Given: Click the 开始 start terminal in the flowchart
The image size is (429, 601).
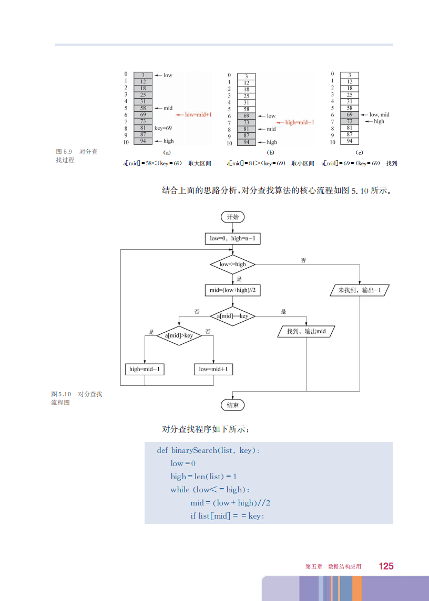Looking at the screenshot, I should [232, 217].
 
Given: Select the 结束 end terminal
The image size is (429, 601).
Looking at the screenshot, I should [232, 405].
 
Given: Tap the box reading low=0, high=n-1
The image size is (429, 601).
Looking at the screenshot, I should [232, 239].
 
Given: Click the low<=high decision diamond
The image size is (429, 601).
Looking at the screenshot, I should [232, 264].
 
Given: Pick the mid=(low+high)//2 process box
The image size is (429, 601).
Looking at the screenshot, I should [232, 290].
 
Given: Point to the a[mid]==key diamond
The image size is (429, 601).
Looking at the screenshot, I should [232, 316].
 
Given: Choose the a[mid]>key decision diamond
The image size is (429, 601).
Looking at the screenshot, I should [179, 335].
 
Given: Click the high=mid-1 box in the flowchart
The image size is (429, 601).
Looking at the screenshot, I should [145, 370].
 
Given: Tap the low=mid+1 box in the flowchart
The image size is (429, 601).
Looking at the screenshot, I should [213, 370].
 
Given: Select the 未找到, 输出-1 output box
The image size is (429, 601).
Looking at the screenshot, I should [360, 290].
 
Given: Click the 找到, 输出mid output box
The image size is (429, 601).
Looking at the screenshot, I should [306, 332].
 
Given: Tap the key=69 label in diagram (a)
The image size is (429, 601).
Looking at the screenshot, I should [163, 128].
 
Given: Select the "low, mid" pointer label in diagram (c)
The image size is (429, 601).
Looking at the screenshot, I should [379, 114].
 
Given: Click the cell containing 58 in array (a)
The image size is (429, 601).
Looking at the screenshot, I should [143, 108].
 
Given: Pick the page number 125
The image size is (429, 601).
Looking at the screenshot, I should [386, 566].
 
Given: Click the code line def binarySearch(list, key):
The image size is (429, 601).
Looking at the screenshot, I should [208, 450].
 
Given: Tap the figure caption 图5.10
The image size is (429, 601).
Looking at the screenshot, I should [61, 394].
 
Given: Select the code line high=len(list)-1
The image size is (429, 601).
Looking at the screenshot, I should [203, 477].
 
